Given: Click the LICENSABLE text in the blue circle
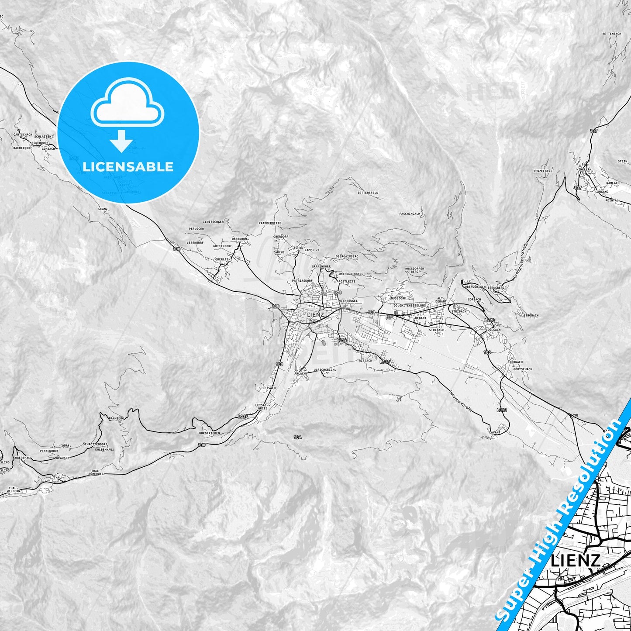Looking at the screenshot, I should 128,166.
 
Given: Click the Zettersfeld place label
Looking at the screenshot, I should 368,193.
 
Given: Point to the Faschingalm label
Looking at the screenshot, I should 410,214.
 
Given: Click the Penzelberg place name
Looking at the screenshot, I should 543,171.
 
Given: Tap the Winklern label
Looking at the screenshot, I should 584,169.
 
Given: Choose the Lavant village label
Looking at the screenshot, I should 494,432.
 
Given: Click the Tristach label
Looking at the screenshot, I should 365,361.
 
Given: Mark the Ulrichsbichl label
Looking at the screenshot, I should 325,370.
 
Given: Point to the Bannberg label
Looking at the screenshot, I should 117,418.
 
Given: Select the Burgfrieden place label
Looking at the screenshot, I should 209,433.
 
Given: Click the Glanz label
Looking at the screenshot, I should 103,209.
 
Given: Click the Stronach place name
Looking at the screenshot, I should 531,315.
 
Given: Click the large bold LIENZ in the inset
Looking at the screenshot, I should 576,560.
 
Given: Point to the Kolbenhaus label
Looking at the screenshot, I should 104,449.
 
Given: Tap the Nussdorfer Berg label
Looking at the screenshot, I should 414,270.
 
